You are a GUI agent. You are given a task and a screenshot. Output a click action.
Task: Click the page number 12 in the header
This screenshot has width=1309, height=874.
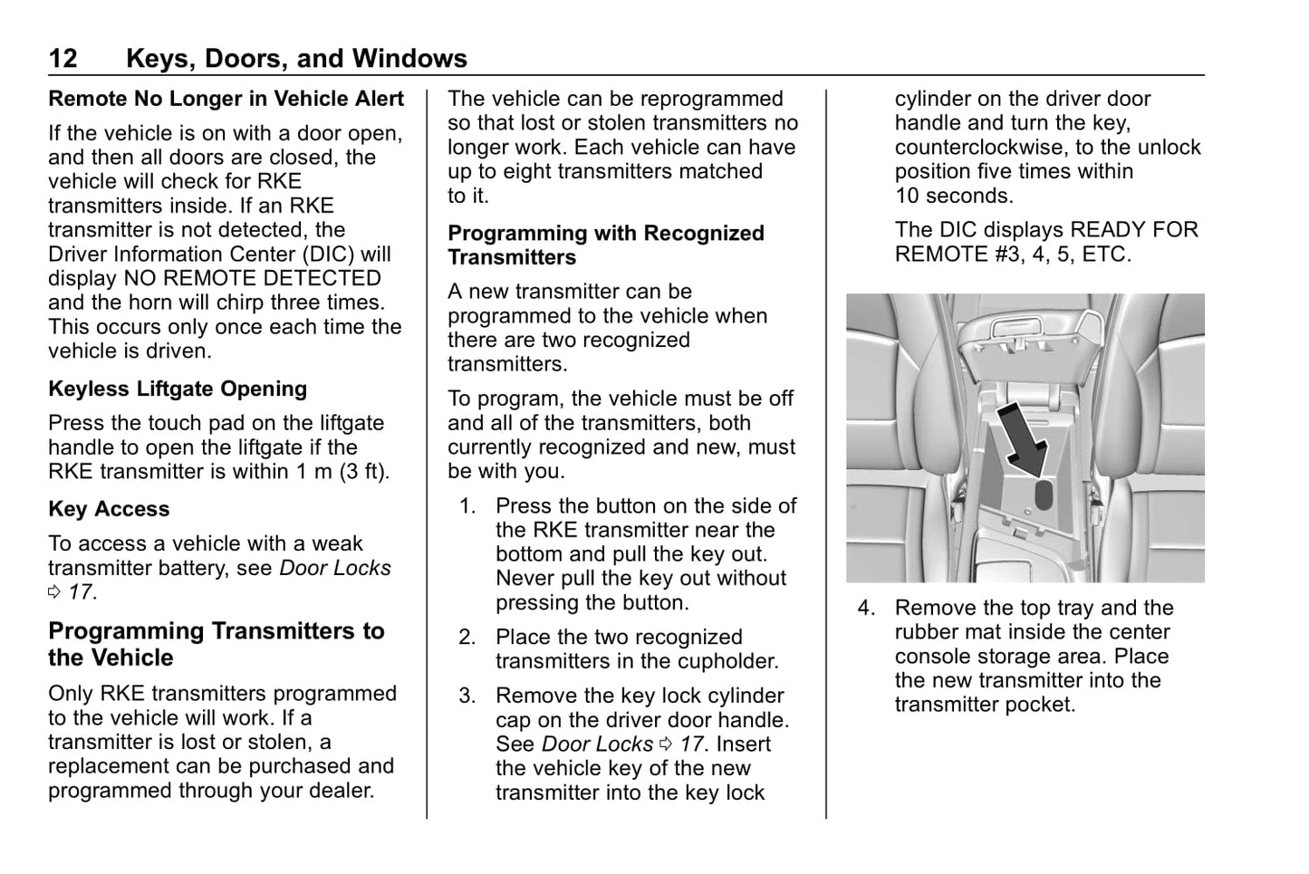point(63,59)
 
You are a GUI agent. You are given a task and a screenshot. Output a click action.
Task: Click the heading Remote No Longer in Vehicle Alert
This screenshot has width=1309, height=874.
point(226,99)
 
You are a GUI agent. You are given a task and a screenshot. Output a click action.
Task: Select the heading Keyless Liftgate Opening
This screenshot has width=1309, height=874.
point(178,389)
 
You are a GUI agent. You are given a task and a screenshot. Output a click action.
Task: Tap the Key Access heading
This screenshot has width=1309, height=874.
point(109,509)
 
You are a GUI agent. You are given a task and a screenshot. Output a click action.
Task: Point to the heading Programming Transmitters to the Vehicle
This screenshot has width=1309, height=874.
point(216,644)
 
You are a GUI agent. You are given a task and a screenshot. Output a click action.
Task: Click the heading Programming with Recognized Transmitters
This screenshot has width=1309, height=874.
point(605,245)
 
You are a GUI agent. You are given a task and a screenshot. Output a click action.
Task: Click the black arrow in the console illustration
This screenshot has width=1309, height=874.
point(1024,438)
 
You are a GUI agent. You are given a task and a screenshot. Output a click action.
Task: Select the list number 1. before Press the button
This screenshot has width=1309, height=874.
point(467,506)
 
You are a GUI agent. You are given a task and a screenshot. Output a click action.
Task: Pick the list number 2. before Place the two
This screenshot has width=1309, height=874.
point(467,638)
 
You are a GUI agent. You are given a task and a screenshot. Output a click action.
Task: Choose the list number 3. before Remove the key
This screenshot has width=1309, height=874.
point(467,696)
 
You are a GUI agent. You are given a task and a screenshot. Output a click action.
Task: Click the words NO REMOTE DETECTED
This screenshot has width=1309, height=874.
point(252,278)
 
